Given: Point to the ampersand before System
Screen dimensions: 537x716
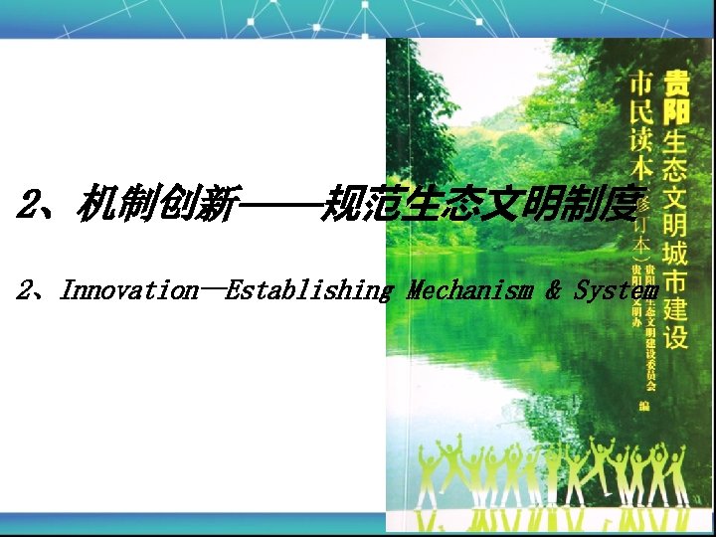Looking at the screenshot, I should click(x=554, y=291).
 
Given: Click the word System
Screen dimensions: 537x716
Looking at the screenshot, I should click(x=617, y=291).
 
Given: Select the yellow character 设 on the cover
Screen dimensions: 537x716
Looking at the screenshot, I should click(x=676, y=335).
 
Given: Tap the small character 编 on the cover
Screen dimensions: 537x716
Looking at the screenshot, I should click(x=644, y=406).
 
